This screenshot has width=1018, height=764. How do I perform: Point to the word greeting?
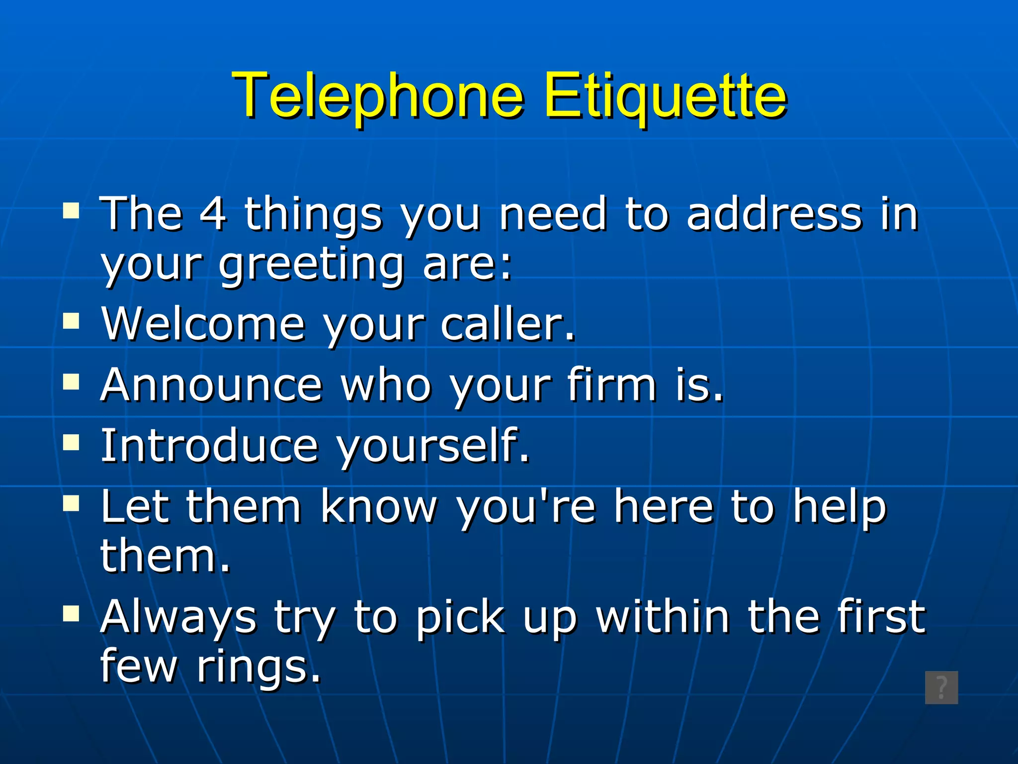311,265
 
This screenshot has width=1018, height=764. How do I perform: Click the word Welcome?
203,324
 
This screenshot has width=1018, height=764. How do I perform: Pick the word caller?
507,324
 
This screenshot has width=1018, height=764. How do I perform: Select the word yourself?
432,446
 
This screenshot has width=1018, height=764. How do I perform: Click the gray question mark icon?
941,688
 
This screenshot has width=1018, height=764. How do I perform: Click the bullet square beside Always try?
72,614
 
